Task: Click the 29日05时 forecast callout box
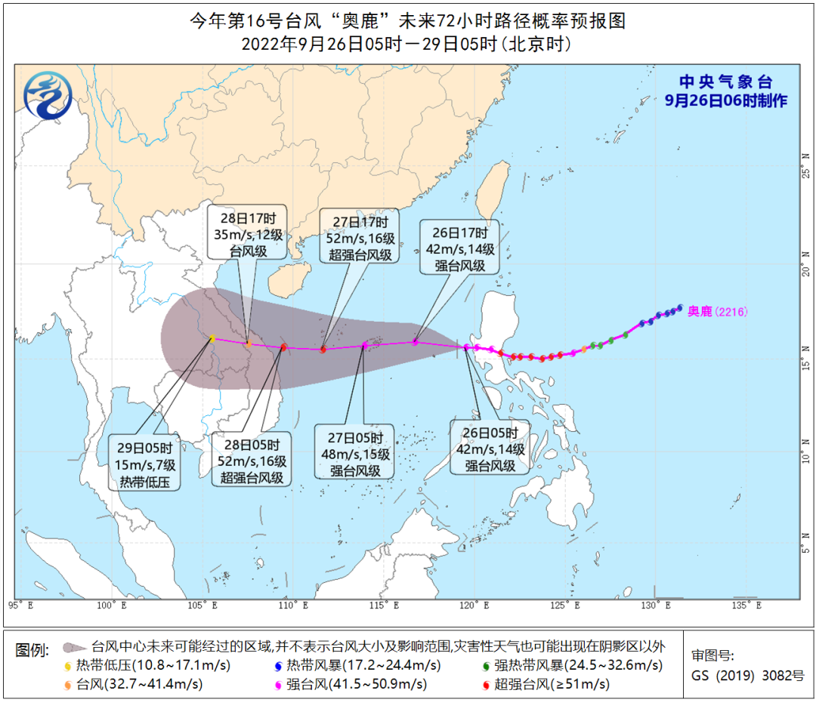[149, 461]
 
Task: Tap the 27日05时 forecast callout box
[354, 453]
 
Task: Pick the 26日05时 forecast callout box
[490, 450]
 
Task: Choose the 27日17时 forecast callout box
[360, 238]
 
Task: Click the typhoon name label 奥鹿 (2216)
[717, 311]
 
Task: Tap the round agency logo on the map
[48, 94]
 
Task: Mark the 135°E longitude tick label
[747, 605]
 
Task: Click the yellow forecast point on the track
[212, 338]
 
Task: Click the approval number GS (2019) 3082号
[748, 676]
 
